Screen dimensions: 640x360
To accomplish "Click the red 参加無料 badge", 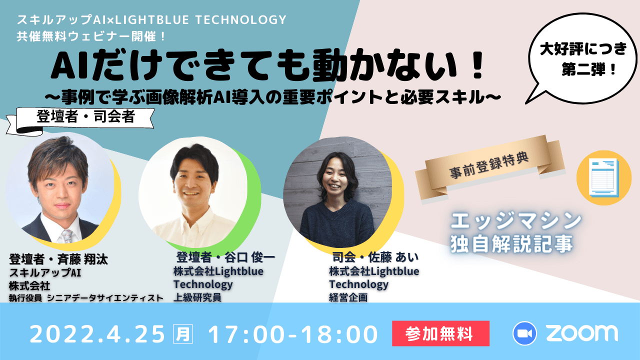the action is pyautogui.click(x=440, y=333).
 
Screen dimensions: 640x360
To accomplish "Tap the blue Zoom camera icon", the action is pyautogui.click(x=524, y=333).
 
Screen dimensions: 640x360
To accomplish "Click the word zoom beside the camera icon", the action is pyautogui.click(x=582, y=333).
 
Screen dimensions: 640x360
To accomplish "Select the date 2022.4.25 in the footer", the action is pyautogui.click(x=97, y=334).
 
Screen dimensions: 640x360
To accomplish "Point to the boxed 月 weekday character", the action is pyautogui.click(x=183, y=333).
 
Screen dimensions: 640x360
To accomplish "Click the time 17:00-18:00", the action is pyautogui.click(x=293, y=334).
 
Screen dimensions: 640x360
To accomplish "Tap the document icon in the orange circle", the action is pyautogui.click(x=603, y=177).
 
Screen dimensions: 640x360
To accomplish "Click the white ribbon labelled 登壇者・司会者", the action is pyautogui.click(x=80, y=120).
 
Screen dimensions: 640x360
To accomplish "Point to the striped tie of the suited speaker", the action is pyautogui.click(x=66, y=235).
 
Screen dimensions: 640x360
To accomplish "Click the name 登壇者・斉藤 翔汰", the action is pyautogui.click(x=58, y=259).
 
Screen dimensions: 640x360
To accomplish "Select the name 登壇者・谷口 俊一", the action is pyautogui.click(x=225, y=257).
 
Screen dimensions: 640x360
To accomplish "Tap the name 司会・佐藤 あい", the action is pyautogui.click(x=375, y=257).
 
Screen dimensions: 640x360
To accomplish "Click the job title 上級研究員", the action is pyautogui.click(x=197, y=297).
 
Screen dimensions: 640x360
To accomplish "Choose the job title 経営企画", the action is pyautogui.click(x=348, y=297).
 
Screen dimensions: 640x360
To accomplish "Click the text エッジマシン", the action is pyautogui.click(x=516, y=220).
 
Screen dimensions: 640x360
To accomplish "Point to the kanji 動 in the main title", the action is pyautogui.click(x=327, y=65).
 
